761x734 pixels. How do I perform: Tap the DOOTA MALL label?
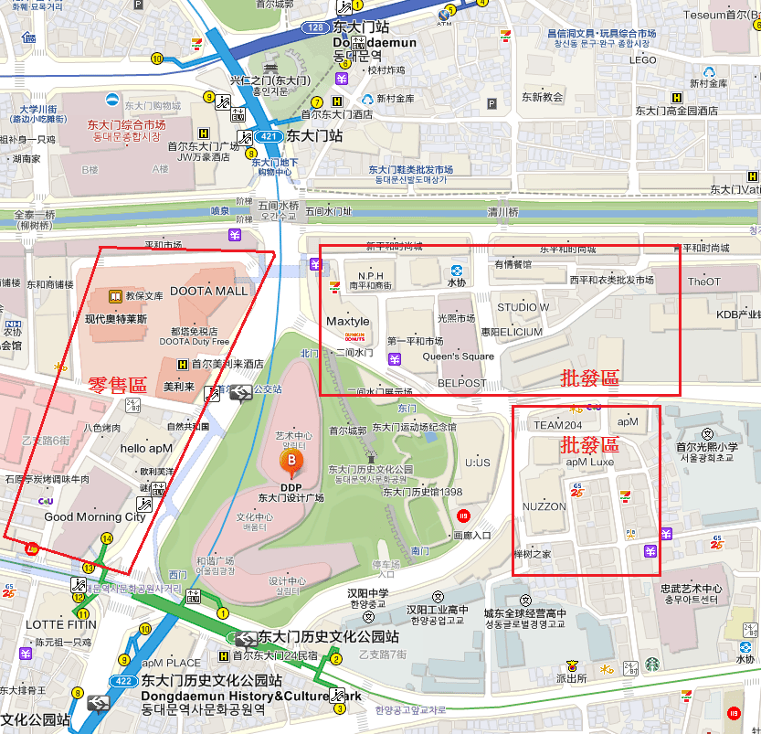(208, 291)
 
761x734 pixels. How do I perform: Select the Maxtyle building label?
(348, 322)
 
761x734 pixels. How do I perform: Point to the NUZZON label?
(544, 506)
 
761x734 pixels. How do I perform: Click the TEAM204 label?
(557, 425)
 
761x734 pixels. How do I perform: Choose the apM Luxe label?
(589, 463)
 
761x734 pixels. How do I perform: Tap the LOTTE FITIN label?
(36, 624)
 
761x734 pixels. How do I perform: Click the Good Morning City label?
(95, 516)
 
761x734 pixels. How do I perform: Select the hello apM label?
(146, 448)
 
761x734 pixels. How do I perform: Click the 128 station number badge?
(315, 28)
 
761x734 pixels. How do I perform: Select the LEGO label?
(643, 60)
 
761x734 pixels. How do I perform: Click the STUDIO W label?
(523, 307)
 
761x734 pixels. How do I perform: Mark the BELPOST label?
(462, 383)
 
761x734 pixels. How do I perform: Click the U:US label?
(477, 463)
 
